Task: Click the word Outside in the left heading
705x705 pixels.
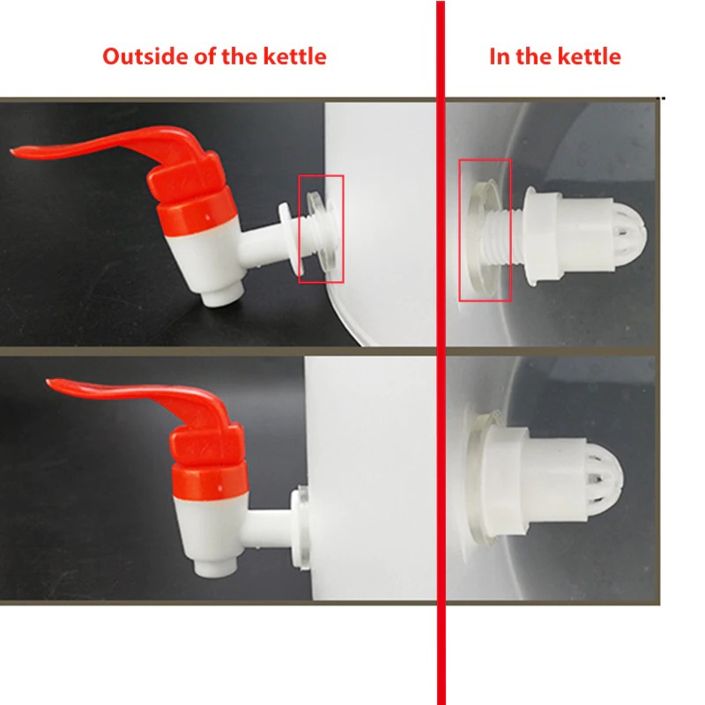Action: click(x=145, y=56)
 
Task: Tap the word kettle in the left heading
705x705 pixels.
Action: click(x=294, y=56)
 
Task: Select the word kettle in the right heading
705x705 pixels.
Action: click(x=590, y=56)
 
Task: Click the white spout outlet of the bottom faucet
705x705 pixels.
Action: click(x=215, y=568)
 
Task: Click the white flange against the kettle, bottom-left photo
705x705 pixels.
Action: click(x=301, y=527)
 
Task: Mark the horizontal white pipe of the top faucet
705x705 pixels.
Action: click(x=262, y=243)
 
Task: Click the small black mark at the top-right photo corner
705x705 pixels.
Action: click(x=663, y=98)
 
